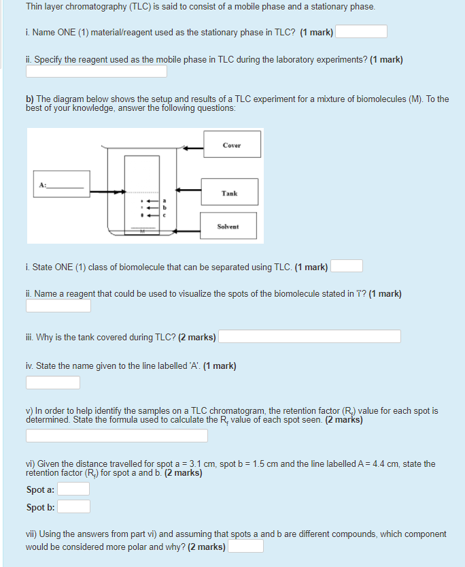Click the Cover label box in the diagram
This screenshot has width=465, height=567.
click(232, 145)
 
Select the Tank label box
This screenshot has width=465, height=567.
click(229, 193)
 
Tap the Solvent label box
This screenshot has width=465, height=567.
click(228, 226)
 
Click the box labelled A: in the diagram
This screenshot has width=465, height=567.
click(61, 184)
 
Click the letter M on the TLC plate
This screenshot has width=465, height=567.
click(143, 231)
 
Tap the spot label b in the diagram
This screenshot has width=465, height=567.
click(163, 207)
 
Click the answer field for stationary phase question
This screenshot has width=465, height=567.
click(361, 32)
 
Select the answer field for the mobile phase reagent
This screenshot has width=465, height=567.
click(97, 71)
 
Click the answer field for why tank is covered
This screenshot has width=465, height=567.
click(309, 337)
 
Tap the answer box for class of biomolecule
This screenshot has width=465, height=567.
click(347, 266)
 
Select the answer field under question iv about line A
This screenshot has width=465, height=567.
click(53, 383)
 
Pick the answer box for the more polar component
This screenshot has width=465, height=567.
click(245, 547)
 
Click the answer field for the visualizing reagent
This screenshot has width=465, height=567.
click(58, 306)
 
